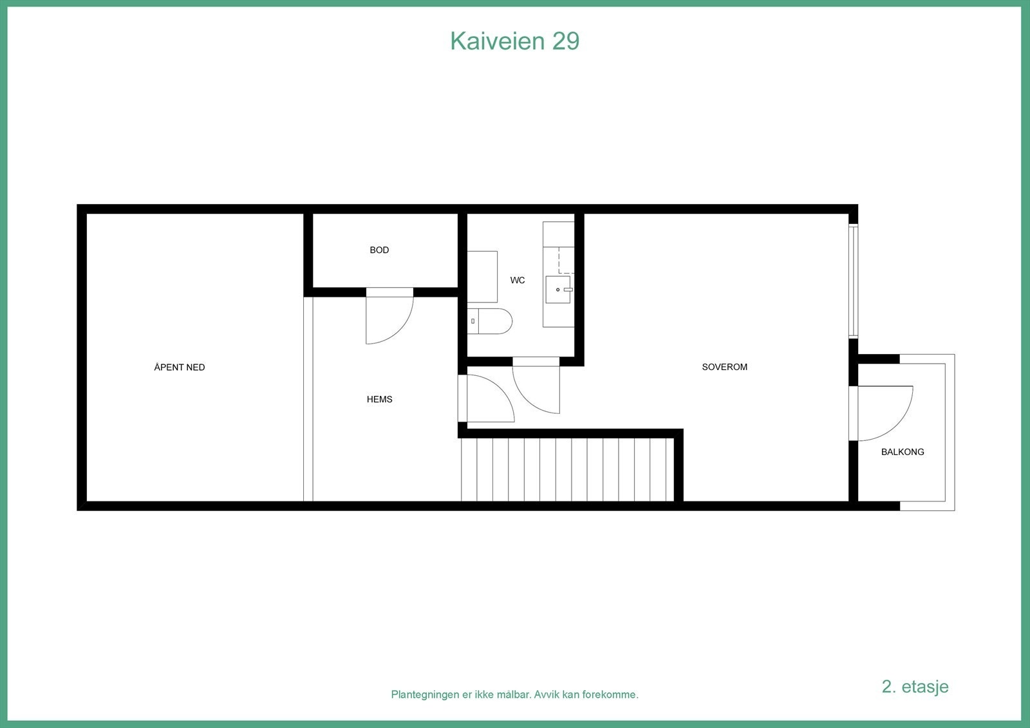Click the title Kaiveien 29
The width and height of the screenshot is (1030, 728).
point(514,41)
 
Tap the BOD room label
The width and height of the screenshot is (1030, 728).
point(379,250)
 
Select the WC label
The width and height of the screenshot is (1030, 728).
point(518,280)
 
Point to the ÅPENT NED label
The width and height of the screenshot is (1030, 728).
point(180,368)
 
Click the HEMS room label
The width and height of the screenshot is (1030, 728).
point(379,399)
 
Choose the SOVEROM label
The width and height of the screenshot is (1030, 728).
point(724,367)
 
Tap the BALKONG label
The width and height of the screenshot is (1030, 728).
point(903,452)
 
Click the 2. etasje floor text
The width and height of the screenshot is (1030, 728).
point(915,686)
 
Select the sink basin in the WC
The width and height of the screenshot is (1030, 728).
point(557,290)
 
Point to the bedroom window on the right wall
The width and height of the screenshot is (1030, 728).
point(853,281)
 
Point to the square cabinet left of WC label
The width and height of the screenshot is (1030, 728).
point(482,277)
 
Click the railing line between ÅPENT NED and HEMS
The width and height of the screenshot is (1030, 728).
point(308,399)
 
